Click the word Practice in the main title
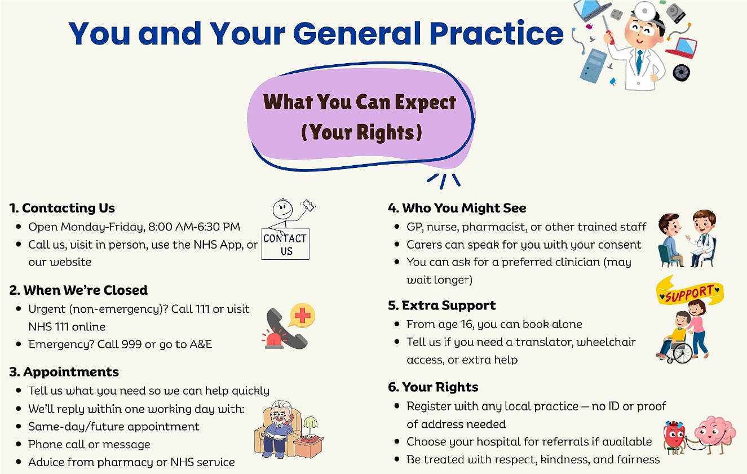point(496,33)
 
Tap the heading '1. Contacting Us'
point(62,208)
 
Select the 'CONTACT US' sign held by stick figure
point(285,244)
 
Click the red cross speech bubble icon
point(302,316)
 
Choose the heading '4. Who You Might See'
point(457,208)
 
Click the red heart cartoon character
point(675,435)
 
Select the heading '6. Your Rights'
point(432,387)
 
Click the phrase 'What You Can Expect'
point(360,103)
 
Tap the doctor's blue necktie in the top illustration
point(639,61)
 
